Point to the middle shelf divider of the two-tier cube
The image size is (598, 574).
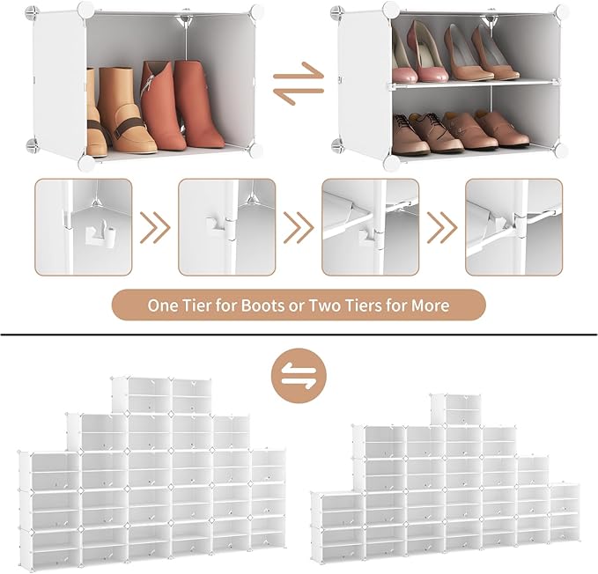(474, 84)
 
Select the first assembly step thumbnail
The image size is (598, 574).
(84, 227)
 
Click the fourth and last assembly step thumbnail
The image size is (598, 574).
(513, 227)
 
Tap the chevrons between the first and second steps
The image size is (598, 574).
(155, 228)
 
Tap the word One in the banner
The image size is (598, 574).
(165, 306)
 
